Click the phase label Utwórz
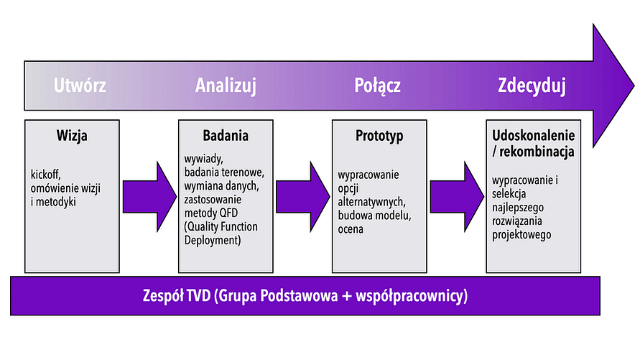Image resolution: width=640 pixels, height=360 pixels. point(80,86)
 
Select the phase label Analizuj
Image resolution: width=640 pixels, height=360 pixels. point(226,86)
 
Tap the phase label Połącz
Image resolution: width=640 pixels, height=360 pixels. point(378,86)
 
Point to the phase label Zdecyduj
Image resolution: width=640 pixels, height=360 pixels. point(532,86)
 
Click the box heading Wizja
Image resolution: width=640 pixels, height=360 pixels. point(72,136)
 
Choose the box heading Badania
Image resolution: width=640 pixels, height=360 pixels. point(226,136)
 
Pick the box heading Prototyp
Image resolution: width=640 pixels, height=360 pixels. point(379,136)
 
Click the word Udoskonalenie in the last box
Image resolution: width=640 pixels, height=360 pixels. point(534,136)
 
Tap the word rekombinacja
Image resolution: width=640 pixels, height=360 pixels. point(537,152)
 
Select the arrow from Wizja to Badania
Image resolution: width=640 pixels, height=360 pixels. point(149,197)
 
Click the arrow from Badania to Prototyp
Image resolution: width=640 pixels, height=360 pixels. point(303,197)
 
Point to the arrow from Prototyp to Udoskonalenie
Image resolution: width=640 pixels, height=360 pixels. point(457,197)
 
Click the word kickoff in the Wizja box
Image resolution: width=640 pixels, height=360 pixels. point(46,175)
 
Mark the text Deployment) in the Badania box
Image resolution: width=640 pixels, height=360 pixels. point(213,241)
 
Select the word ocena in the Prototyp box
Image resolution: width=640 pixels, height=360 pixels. point(351,229)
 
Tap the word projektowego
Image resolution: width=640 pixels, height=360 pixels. point(521,235)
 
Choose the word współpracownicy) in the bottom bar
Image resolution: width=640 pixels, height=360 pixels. point(412,296)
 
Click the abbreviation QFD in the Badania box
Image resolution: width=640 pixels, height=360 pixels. point(228,213)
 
